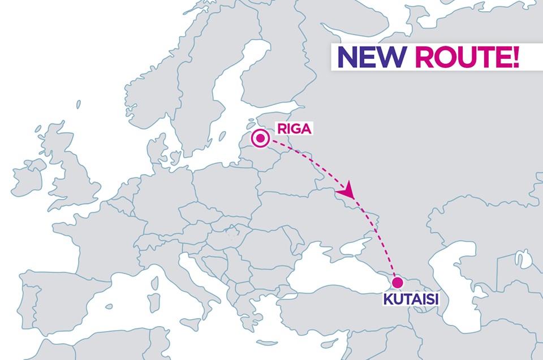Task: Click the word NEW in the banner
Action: pyautogui.click(x=370, y=57)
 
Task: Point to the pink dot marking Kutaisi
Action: pyautogui.click(x=397, y=282)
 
